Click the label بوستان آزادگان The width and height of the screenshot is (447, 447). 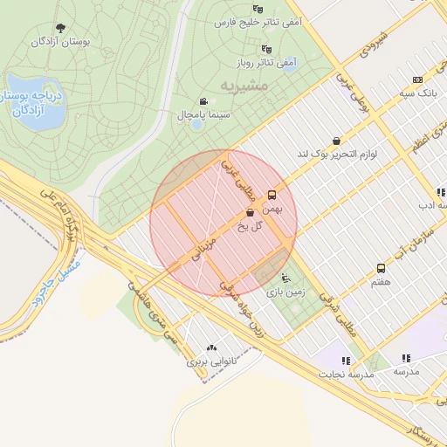[x=61, y=41]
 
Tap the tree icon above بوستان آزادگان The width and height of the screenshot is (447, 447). [x=60, y=28]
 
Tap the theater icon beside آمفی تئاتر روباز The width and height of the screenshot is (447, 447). [x=267, y=49]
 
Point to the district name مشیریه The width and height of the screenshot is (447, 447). [x=241, y=87]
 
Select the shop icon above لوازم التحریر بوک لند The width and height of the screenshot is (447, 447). [x=336, y=141]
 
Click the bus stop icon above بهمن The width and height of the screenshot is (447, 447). [x=272, y=196]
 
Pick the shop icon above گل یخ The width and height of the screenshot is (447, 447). [x=251, y=212]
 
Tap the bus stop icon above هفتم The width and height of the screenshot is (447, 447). [x=381, y=268]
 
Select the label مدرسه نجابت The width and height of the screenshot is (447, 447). [x=347, y=374]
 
